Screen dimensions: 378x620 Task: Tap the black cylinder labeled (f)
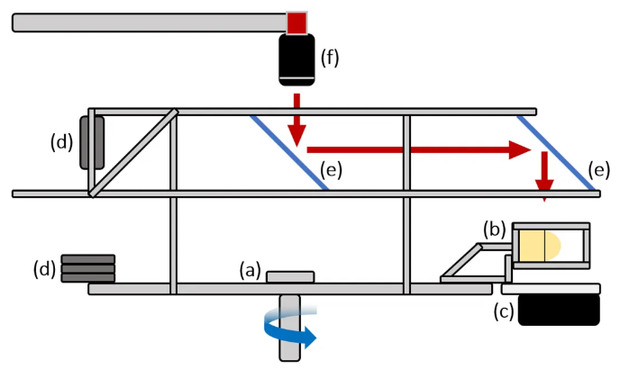tap(296, 60)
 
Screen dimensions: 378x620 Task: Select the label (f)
tap(331, 60)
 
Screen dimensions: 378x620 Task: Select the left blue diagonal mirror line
tap(288, 152)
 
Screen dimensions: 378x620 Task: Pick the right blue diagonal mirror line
tap(555, 152)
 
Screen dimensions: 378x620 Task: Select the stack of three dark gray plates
tap(87, 268)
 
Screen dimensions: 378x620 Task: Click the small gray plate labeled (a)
tap(291, 276)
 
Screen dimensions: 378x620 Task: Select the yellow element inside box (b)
tap(536, 245)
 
